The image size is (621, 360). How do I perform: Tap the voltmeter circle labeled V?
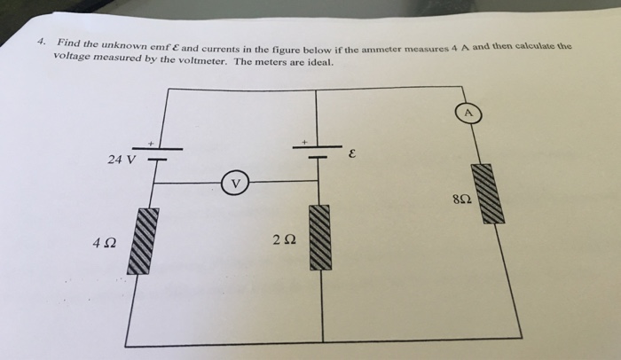[x=235, y=184]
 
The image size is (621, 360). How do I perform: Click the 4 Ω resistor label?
[x=103, y=241]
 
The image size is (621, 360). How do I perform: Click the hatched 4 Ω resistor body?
[x=147, y=241]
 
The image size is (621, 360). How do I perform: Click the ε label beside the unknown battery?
[x=352, y=154]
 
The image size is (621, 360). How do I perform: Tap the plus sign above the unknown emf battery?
[x=305, y=140]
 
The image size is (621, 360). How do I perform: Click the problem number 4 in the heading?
[x=40, y=42]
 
